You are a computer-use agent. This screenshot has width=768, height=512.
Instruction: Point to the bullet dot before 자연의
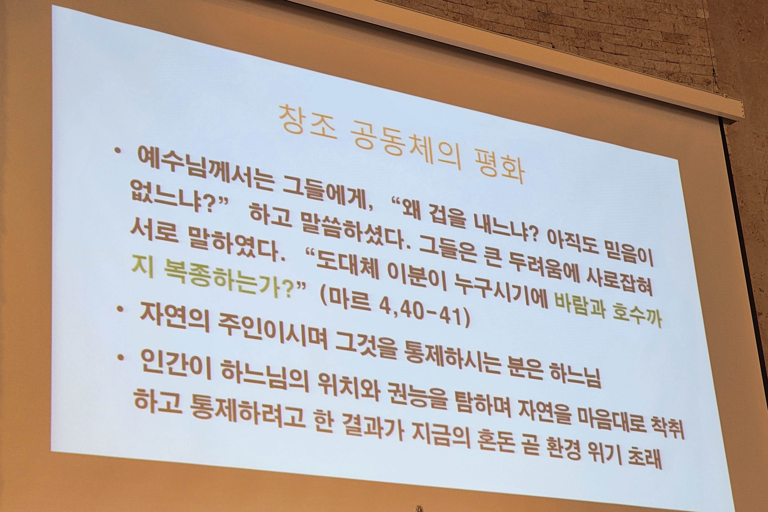(x=121, y=309)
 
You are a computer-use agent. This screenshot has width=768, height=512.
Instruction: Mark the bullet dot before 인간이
(x=120, y=357)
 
